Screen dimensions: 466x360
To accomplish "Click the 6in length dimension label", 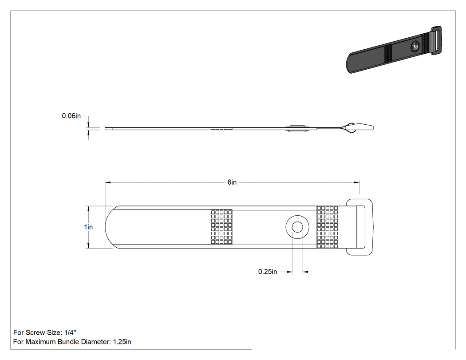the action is point(232,182).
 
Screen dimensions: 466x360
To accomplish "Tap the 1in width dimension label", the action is point(88,227).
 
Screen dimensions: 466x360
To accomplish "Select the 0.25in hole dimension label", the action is point(268,272).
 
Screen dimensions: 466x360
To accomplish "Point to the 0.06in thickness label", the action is point(71,116).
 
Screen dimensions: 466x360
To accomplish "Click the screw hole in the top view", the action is point(297,227).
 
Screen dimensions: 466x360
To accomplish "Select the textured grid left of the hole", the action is point(222,227).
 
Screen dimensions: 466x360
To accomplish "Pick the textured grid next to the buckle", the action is point(327,227).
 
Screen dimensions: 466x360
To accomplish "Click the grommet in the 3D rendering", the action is point(415,47).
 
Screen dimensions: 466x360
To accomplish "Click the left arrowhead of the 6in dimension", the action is point(107,182).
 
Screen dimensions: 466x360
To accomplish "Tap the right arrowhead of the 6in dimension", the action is point(356,182).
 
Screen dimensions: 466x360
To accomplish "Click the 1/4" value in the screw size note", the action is point(70,332).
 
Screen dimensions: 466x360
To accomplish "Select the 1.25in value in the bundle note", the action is point(122,342).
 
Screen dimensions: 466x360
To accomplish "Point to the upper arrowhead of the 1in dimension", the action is point(88,209).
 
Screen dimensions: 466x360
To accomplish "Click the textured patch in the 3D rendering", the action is point(388,54).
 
